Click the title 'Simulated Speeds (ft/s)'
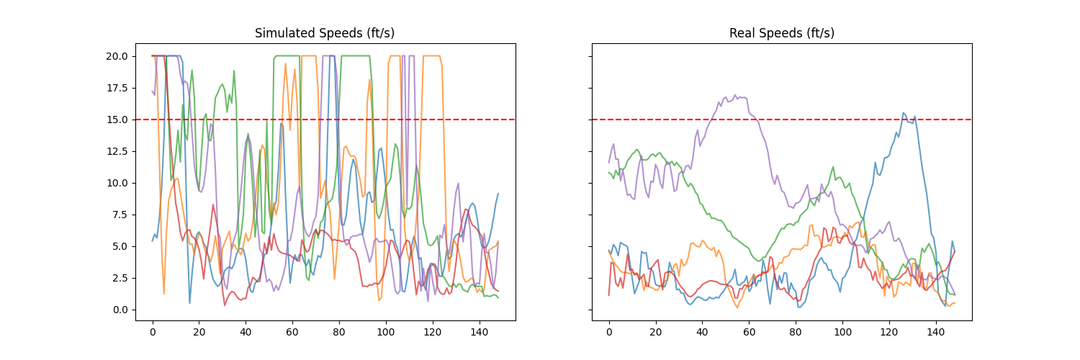pos(325,33)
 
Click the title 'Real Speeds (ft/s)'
pos(781,33)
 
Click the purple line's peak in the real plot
pos(735,95)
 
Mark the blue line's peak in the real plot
pos(904,112)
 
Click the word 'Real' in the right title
pos(742,33)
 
